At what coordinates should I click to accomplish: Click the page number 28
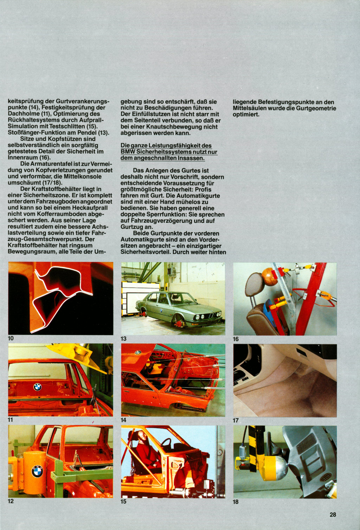click(x=333, y=515)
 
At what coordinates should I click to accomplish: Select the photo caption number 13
click(x=123, y=339)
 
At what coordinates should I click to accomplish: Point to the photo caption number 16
click(x=236, y=339)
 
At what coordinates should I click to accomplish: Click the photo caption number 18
click(x=236, y=502)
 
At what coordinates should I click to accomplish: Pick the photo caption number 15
click(x=123, y=502)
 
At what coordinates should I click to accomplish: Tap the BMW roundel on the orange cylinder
click(x=37, y=471)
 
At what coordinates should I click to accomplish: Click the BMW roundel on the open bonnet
click(x=138, y=352)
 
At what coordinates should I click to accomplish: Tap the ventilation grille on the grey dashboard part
click(x=307, y=443)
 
